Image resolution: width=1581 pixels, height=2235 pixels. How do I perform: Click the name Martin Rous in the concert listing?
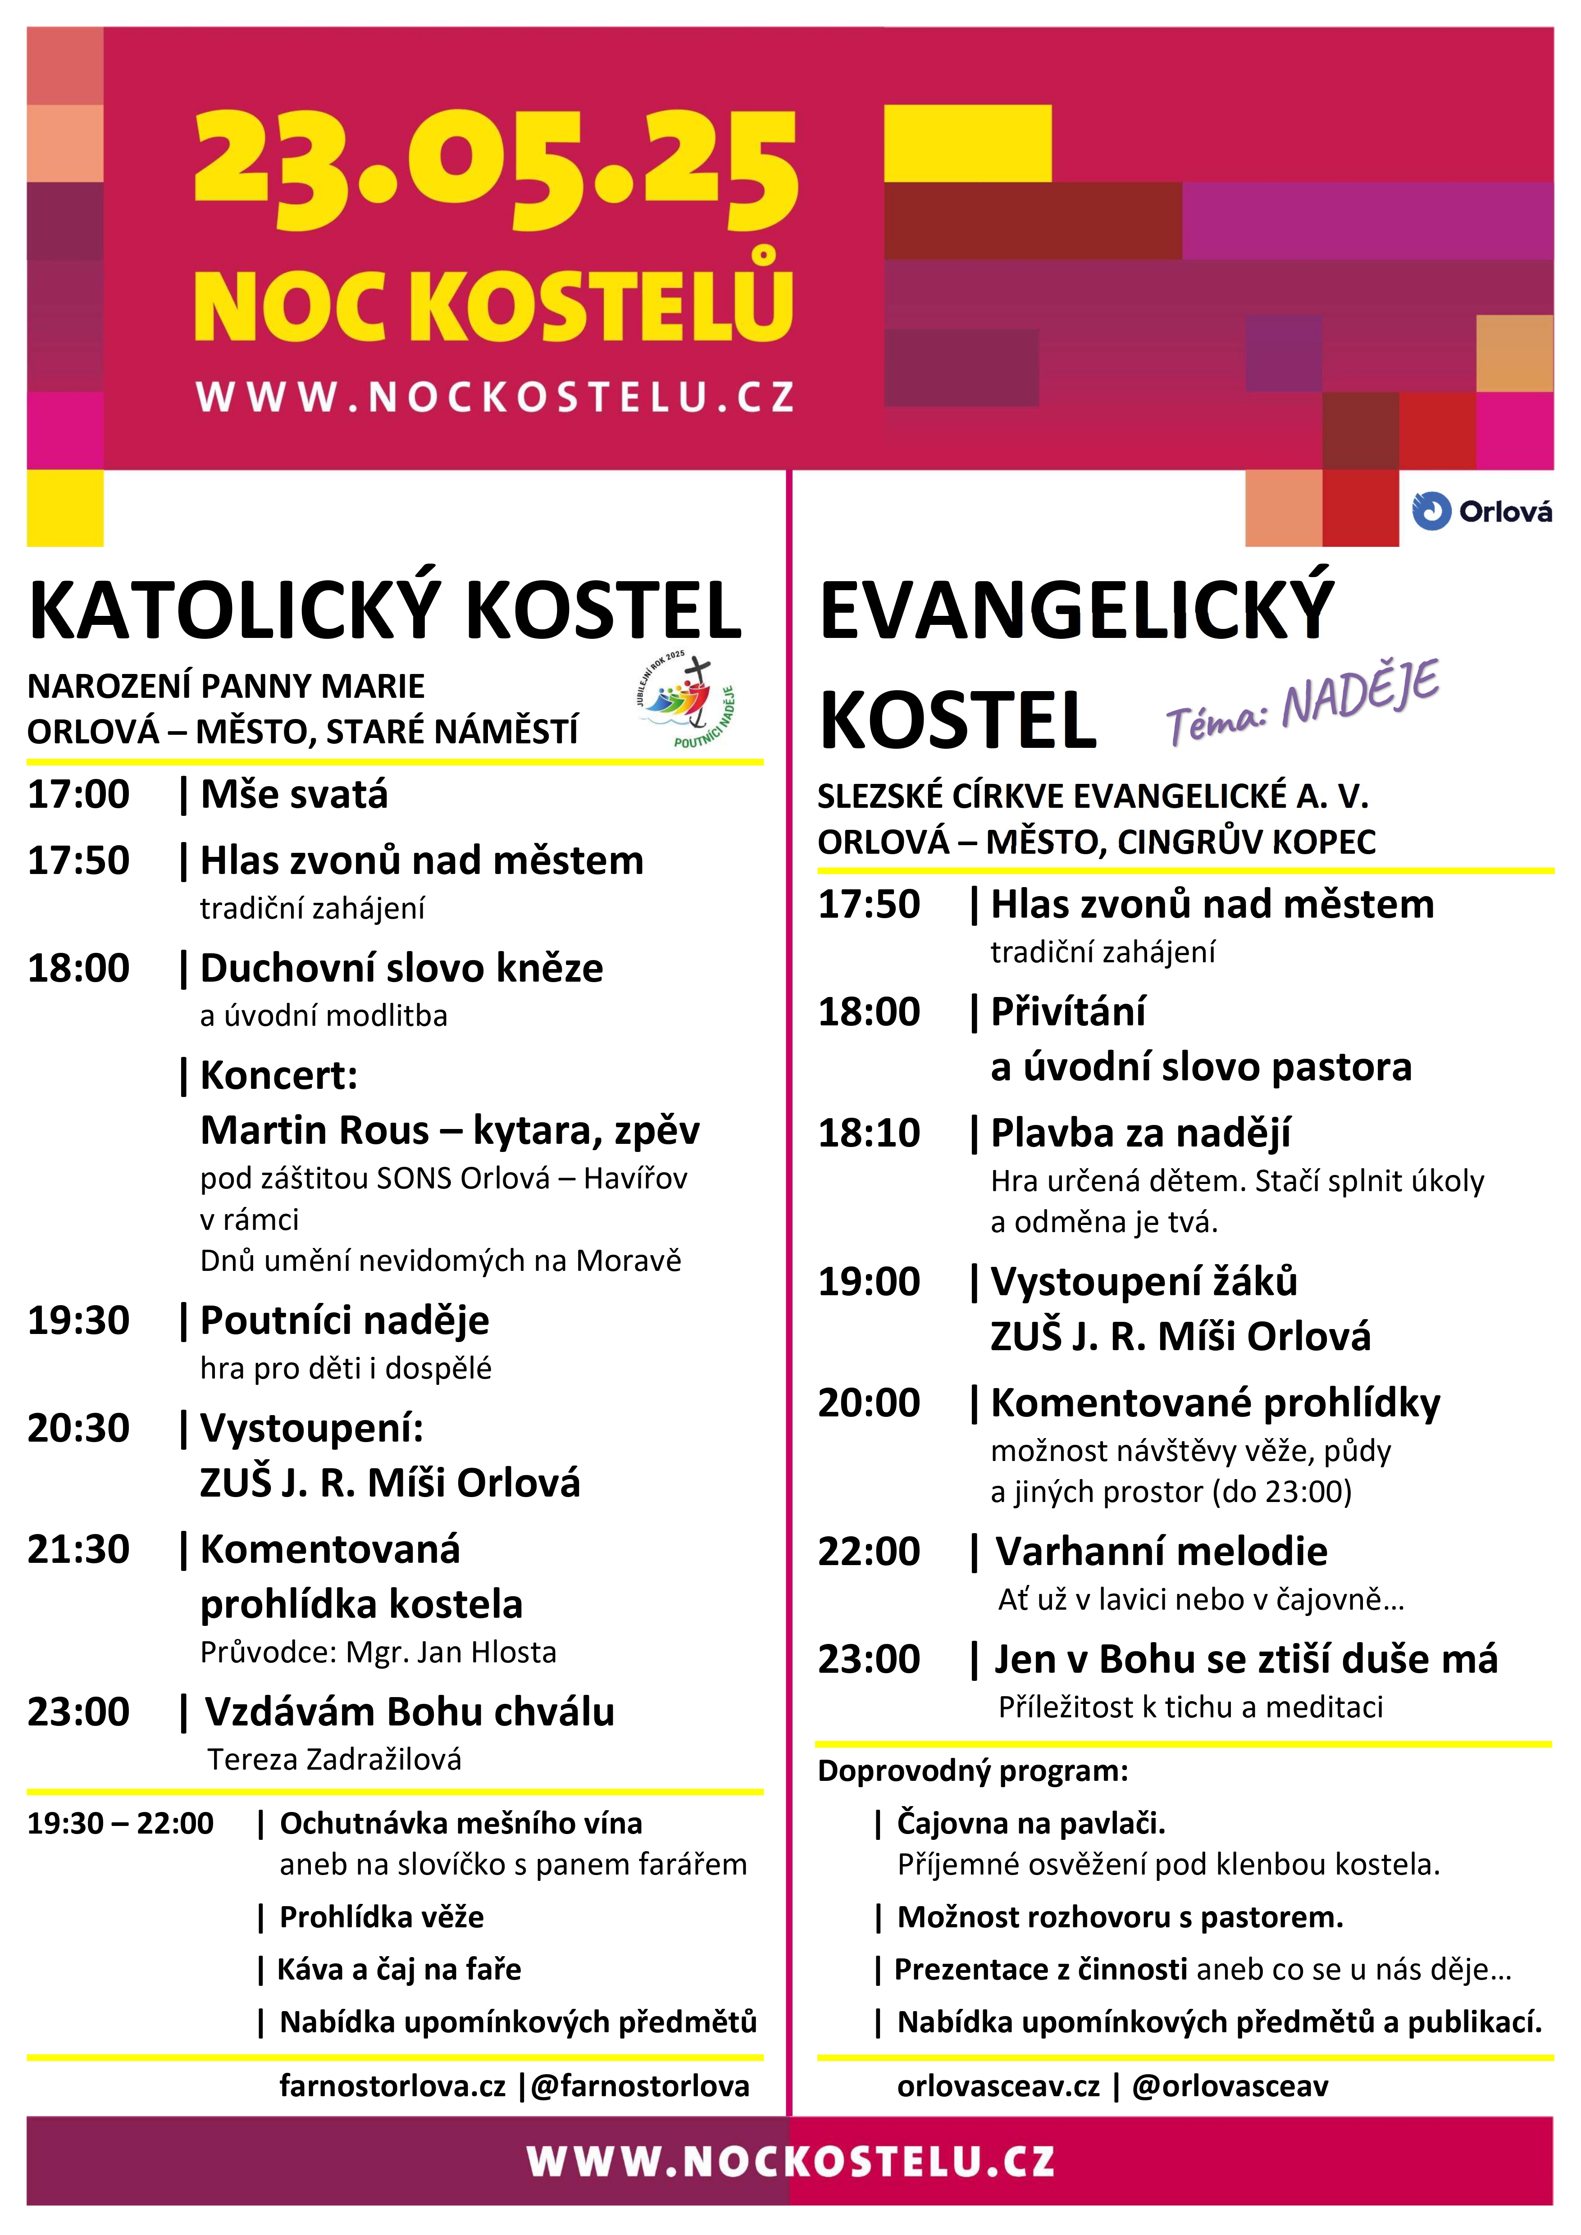pos(314,1130)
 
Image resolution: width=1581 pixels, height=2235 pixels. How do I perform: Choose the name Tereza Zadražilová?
pos(334,1759)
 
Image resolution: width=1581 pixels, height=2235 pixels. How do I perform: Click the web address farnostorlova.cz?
pos(392,2086)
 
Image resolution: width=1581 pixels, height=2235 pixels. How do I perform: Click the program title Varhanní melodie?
pos(1161,1552)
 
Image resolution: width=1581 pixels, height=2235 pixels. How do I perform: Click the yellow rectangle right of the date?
pos(968,143)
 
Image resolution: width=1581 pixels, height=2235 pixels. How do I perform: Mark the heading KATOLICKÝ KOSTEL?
pos(386,610)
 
